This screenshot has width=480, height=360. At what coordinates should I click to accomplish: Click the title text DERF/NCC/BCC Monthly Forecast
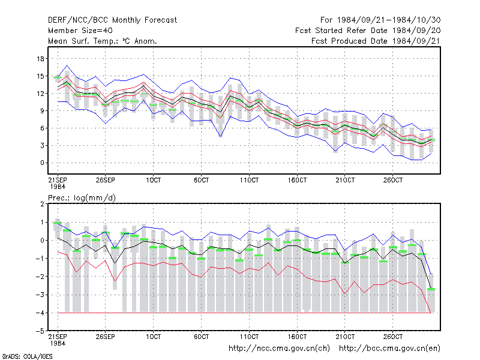112,20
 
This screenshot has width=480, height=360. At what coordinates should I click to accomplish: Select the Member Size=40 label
80,31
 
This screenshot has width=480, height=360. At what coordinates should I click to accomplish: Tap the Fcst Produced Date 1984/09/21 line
376,41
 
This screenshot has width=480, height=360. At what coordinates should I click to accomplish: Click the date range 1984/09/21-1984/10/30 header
380,20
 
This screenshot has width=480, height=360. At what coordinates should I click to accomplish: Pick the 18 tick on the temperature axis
40,58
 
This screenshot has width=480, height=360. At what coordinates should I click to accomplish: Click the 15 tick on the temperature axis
40,76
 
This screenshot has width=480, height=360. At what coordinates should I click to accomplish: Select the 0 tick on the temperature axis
42,163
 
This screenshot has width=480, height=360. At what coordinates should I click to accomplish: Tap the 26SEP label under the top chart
106,180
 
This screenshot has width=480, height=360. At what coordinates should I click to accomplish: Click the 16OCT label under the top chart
297,180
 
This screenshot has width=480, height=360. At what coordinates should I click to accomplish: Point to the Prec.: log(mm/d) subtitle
82,198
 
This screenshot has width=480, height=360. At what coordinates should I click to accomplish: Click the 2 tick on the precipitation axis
42,204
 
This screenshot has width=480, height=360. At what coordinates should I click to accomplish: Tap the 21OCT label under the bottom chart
345,337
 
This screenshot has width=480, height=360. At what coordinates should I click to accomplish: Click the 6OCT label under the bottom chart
201,337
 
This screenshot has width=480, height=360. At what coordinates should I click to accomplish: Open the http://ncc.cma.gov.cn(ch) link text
279,349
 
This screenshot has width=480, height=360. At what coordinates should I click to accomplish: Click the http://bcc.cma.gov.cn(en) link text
389,349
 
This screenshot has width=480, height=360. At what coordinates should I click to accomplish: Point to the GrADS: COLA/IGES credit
27,356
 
